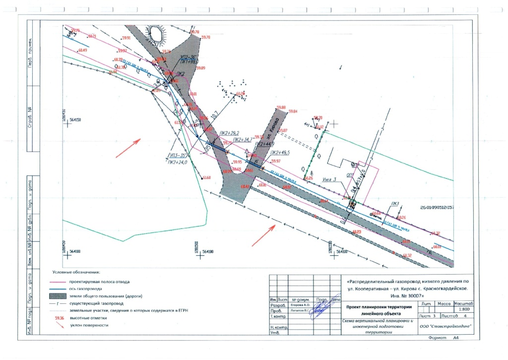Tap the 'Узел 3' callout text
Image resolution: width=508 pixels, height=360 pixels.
328,179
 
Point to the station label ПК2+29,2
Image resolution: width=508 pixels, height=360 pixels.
229,134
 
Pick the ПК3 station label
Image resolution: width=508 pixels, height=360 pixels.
395,204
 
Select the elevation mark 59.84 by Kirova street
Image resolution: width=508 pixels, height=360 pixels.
292,112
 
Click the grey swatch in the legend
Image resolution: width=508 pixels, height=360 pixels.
60,296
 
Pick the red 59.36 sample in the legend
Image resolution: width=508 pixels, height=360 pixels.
60,318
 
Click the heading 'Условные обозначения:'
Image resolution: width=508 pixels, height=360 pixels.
77,273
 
